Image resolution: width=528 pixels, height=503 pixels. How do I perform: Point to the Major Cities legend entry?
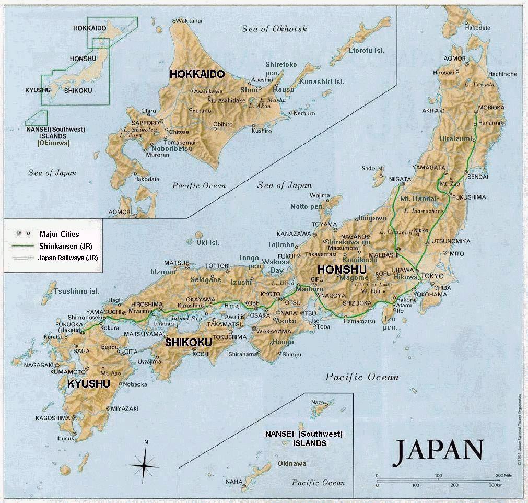pos(58,234)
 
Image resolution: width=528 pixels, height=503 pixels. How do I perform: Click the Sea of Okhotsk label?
pos(274,29)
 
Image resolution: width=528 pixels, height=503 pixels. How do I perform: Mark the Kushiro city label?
pos(262,131)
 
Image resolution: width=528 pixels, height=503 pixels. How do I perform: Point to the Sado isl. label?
pos(373,168)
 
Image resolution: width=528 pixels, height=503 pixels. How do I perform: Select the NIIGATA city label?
pos(400,179)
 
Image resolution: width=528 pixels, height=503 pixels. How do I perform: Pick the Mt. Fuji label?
pos(369,291)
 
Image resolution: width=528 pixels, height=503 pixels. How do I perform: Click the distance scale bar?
pos(439,478)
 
